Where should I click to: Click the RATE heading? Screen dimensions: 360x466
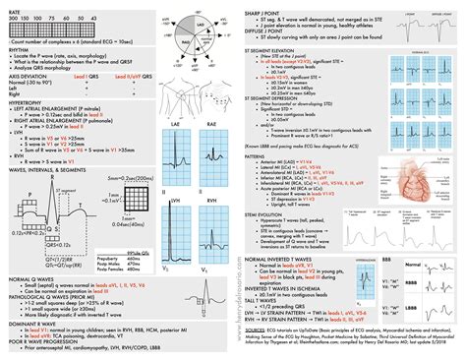[13, 10]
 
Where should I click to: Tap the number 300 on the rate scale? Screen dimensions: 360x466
[12, 18]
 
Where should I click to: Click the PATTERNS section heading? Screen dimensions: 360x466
[265, 154]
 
